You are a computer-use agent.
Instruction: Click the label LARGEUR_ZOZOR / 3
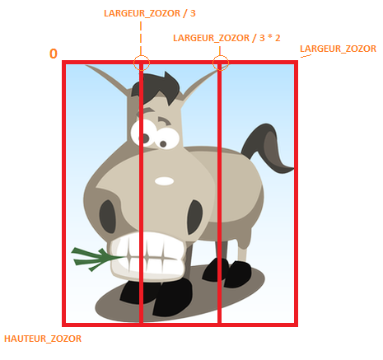click(150, 13)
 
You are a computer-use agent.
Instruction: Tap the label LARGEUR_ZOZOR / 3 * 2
click(227, 38)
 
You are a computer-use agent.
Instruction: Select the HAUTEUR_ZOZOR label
click(43, 339)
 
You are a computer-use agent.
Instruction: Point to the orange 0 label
click(54, 54)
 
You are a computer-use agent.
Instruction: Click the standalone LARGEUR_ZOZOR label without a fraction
click(338, 49)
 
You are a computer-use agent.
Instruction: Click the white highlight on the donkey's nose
click(164, 181)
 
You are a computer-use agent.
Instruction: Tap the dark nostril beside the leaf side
click(107, 217)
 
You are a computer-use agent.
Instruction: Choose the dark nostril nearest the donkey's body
click(195, 217)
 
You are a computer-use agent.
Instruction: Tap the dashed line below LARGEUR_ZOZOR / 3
click(141, 38)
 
